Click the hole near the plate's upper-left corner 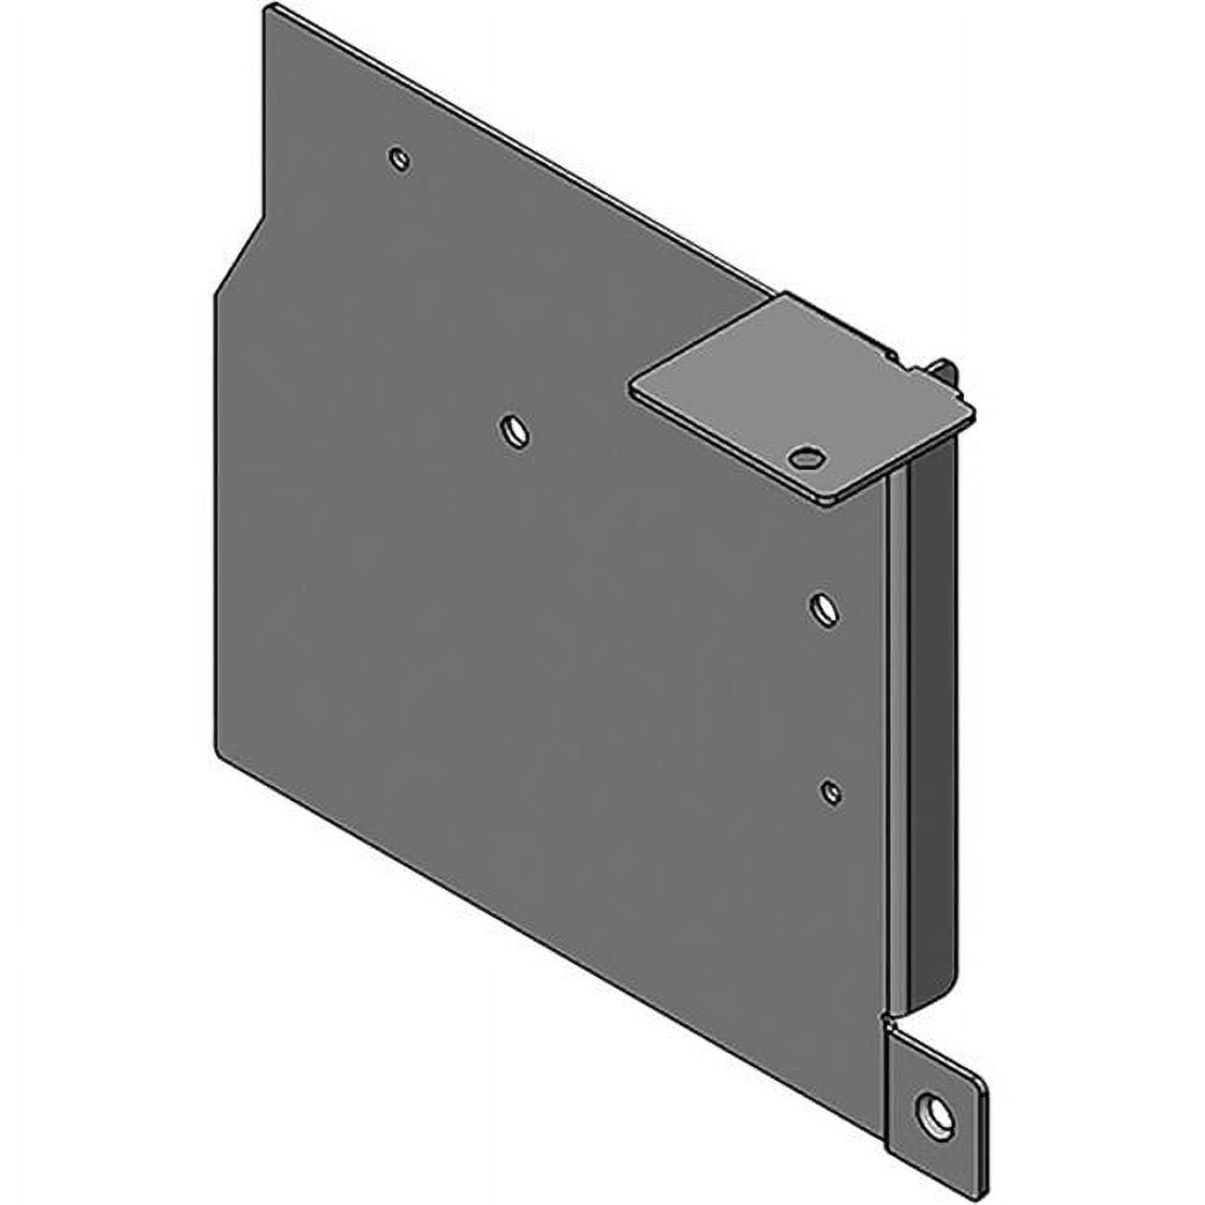(400, 159)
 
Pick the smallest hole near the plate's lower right (831, 791)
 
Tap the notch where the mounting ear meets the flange (887, 1023)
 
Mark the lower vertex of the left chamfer (215, 295)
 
